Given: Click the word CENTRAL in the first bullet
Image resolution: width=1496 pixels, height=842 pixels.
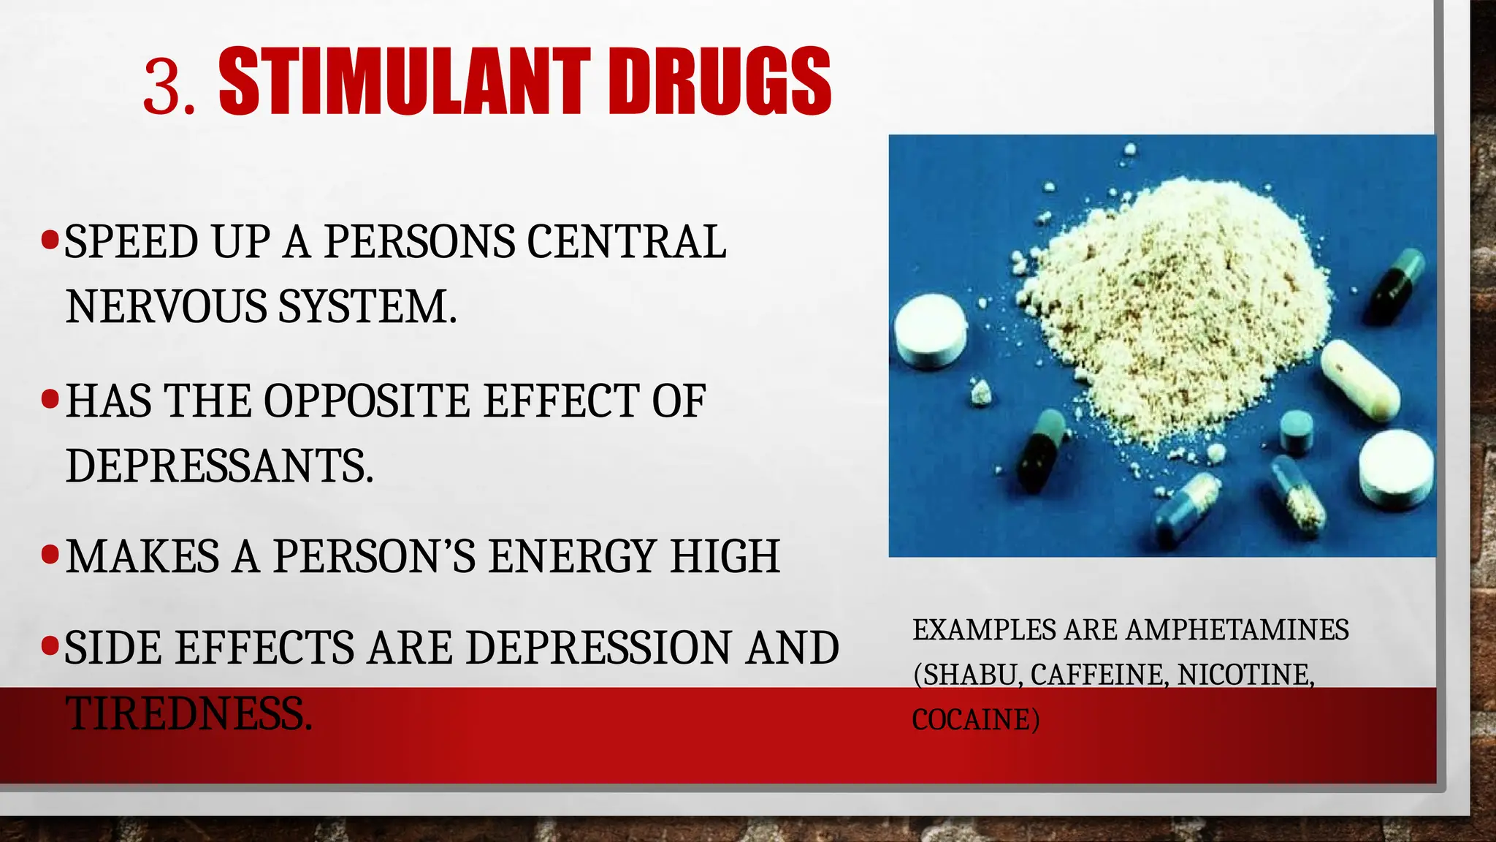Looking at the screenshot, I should coord(626,242).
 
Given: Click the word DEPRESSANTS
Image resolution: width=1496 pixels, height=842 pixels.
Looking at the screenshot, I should coord(219,466).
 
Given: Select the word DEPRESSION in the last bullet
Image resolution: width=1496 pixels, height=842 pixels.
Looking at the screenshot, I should coord(598,648).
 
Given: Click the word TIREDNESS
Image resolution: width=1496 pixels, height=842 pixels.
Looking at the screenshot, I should coord(188,714).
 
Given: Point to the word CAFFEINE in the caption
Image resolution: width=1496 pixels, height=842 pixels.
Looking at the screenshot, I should coord(1096,675).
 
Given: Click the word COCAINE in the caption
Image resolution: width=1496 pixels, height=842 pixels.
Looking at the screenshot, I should coord(975,720).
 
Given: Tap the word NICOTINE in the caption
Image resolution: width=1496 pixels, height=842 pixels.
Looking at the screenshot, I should coord(1245,675).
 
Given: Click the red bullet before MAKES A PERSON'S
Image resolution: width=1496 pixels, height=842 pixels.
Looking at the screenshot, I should coord(50,555).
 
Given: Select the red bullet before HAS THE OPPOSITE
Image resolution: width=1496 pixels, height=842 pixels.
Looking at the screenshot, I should coord(50,399).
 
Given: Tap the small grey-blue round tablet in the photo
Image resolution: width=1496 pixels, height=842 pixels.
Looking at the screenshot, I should coord(1297,429).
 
